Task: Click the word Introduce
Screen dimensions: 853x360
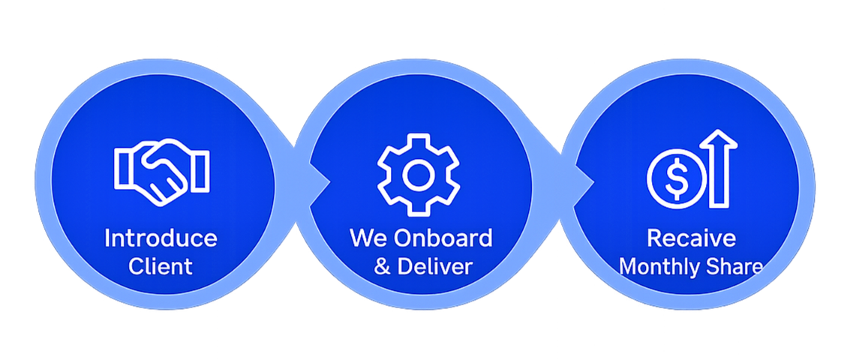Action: tap(161, 239)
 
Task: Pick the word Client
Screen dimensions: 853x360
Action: tap(161, 266)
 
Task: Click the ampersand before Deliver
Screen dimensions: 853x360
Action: tap(382, 266)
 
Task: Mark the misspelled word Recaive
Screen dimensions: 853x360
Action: tap(691, 239)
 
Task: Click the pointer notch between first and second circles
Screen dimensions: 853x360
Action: tap(320, 181)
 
